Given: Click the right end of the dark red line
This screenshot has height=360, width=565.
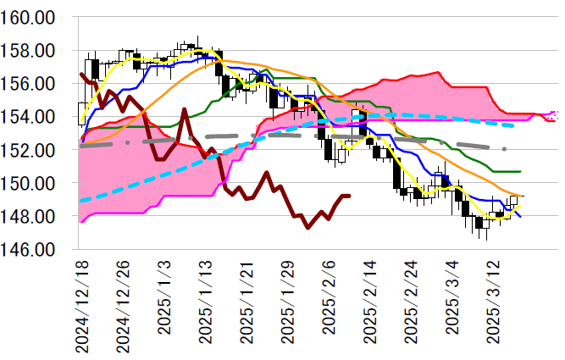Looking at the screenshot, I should (349, 196).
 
